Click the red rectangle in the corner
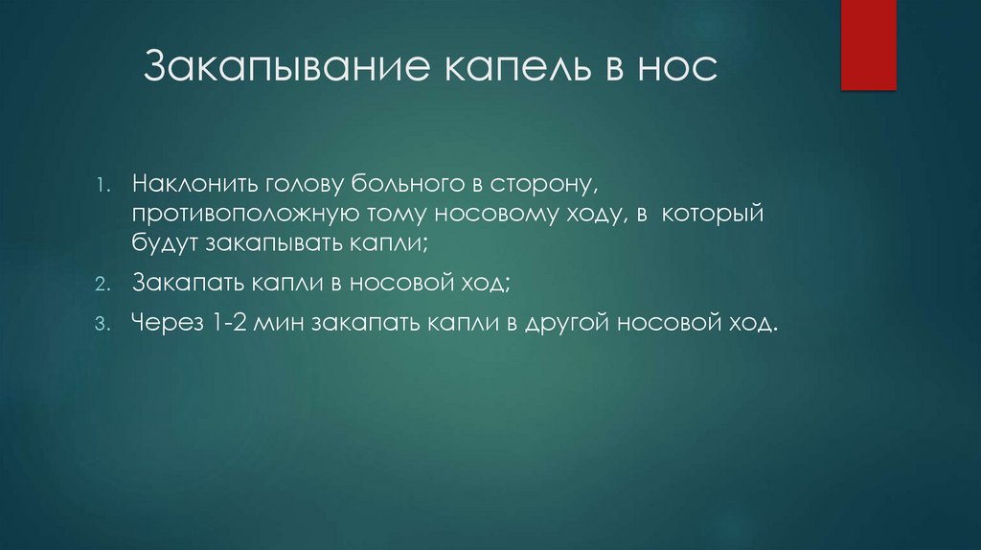pos(868,44)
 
